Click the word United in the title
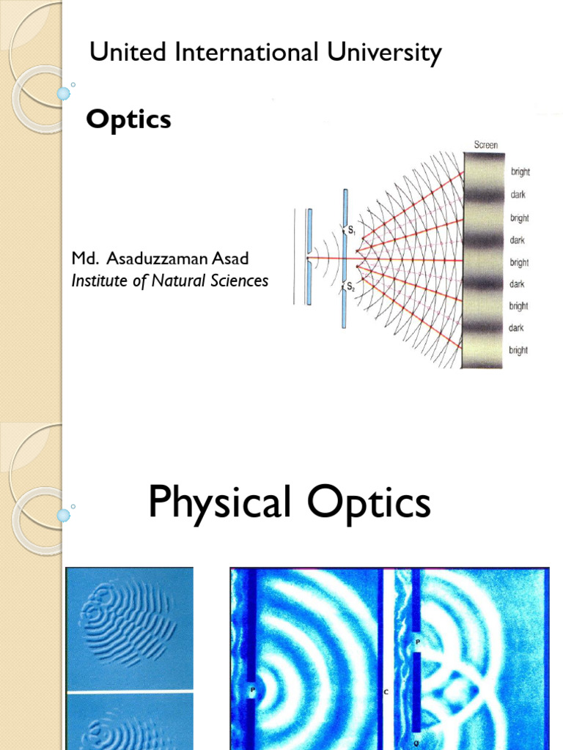[x=118, y=53]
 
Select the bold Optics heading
[x=128, y=119]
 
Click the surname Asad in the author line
[x=232, y=259]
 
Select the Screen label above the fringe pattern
[x=485, y=145]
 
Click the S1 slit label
[x=352, y=231]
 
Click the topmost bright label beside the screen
[x=519, y=172]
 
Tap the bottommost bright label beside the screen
[x=518, y=350]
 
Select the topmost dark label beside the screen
[x=518, y=195]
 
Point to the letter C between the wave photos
[x=386, y=691]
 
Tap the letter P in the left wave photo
[x=251, y=690]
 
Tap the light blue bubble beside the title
[x=64, y=94]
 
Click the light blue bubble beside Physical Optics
[x=64, y=516]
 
